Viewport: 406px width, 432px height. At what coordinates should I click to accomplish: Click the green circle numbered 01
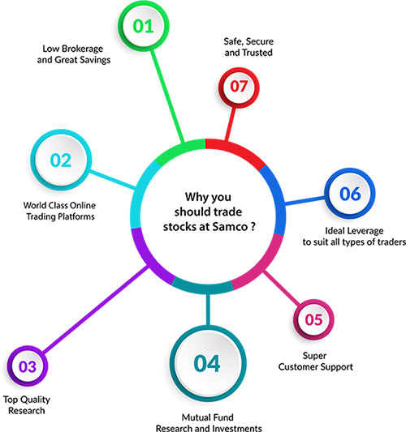(x=143, y=26)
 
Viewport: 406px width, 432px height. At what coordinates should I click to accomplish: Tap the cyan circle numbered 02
(x=61, y=160)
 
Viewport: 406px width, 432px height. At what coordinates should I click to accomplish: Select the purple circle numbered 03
(x=28, y=366)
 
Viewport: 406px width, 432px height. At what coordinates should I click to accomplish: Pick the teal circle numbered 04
(x=208, y=364)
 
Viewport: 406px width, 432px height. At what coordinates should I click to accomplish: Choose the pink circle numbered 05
(x=313, y=320)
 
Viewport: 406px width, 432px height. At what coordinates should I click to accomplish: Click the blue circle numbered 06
(x=350, y=194)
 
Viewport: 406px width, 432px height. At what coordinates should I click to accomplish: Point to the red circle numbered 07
(x=239, y=87)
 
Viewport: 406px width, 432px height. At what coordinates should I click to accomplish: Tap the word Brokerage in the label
(x=82, y=49)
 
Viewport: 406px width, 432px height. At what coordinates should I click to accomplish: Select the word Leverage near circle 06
(x=365, y=231)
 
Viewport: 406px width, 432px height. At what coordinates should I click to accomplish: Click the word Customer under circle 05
(x=296, y=366)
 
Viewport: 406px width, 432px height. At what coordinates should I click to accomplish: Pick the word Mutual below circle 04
(x=195, y=417)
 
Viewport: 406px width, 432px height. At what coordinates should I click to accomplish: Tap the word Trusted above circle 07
(x=259, y=53)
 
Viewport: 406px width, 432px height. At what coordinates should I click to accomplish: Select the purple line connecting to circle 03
(x=97, y=310)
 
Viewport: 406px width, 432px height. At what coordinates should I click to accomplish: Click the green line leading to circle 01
(x=167, y=96)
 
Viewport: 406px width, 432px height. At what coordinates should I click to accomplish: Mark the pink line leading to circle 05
(x=282, y=288)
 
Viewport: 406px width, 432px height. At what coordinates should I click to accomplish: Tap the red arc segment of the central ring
(x=237, y=151)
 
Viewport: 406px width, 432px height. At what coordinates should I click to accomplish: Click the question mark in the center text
(x=253, y=226)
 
